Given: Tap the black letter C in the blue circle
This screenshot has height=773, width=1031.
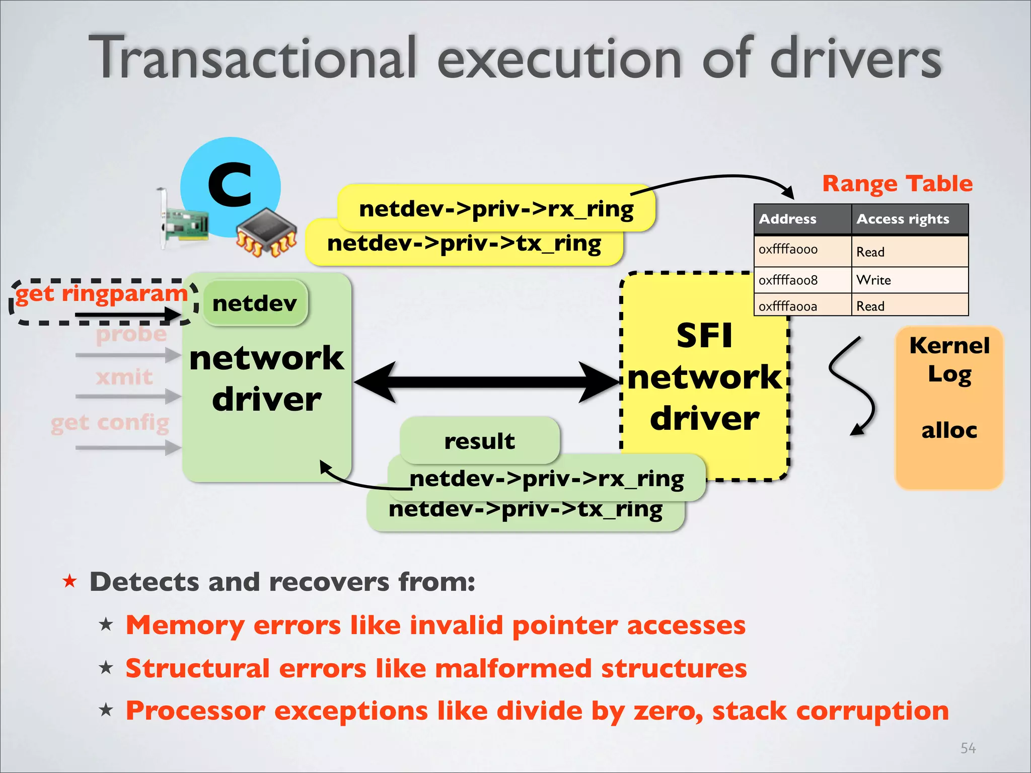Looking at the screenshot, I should tap(230, 185).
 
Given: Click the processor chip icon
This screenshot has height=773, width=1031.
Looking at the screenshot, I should tap(267, 233).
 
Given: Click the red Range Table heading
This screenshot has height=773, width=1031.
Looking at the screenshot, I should tap(897, 184).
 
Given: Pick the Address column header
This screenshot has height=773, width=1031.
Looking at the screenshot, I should tap(788, 219).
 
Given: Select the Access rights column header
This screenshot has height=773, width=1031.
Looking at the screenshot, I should tap(903, 219).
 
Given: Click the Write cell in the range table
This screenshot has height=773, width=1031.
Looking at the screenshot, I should tap(874, 280).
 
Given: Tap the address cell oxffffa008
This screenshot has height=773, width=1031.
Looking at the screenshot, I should tap(788, 280).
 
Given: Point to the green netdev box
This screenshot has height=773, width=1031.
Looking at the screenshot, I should tap(255, 303).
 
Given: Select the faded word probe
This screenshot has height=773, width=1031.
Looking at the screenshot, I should tap(131, 334).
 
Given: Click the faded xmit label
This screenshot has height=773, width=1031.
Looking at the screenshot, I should tap(124, 377).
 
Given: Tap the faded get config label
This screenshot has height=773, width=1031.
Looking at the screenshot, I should tap(110, 423).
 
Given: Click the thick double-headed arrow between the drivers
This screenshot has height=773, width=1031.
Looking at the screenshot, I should tap(486, 382).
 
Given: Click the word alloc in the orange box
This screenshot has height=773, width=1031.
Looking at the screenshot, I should tap(949, 431).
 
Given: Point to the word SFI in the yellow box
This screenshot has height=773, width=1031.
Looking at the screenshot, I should tap(704, 336).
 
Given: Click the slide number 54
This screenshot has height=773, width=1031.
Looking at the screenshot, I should tap(968, 748).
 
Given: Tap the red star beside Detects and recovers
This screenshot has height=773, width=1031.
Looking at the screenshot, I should tap(69, 582).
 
